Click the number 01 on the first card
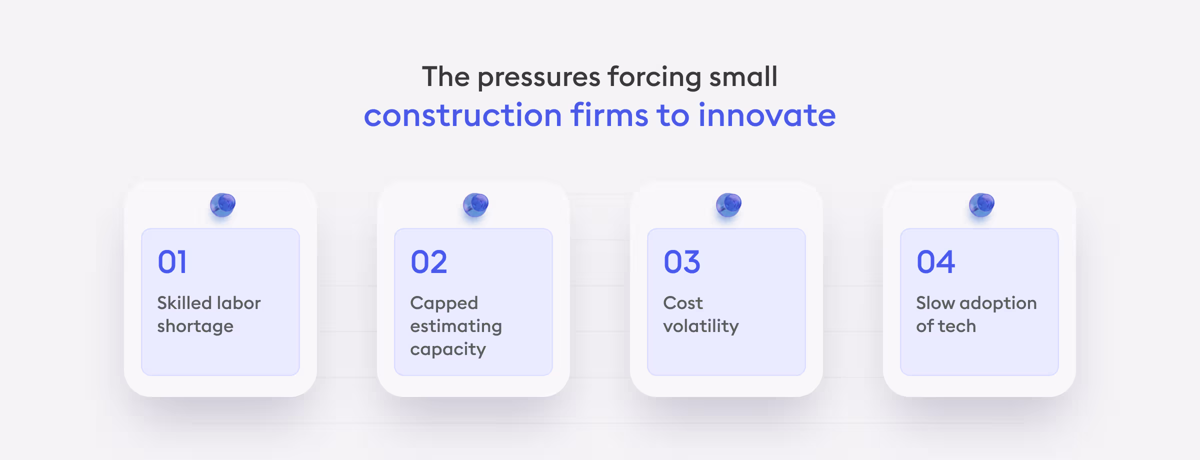point(172,262)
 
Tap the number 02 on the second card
point(428,262)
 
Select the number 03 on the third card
point(681,262)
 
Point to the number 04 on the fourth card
point(935,262)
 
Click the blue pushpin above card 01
point(222,204)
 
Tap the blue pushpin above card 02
point(475,204)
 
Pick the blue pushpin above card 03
point(728,204)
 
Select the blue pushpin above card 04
point(981,204)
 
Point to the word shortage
point(195,326)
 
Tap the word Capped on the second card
point(444,303)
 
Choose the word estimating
point(455,326)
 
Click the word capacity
point(447,349)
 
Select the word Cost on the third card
point(682,303)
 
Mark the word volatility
point(700,326)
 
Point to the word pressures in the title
point(539,77)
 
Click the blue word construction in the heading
point(463,115)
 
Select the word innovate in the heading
point(767,115)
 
